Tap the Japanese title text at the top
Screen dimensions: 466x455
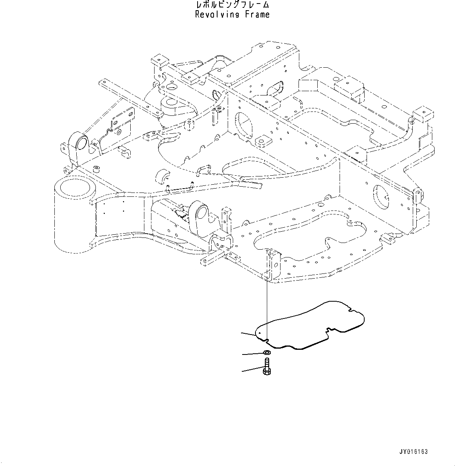click(232, 5)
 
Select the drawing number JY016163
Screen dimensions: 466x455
click(414, 452)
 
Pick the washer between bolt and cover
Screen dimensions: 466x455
click(266, 353)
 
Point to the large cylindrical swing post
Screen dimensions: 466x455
click(75, 213)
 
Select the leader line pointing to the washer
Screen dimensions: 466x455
click(252, 354)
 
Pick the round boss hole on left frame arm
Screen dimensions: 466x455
click(81, 143)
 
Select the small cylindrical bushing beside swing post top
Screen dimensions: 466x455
click(96, 169)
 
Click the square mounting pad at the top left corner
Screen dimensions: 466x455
click(159, 61)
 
